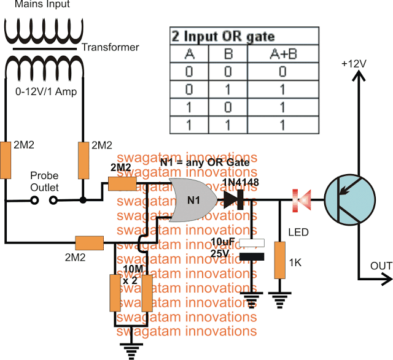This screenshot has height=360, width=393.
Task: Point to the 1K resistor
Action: coord(281,259)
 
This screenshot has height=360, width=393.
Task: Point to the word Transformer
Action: coord(111,47)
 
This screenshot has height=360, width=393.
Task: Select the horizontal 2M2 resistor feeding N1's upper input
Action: coord(122,183)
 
